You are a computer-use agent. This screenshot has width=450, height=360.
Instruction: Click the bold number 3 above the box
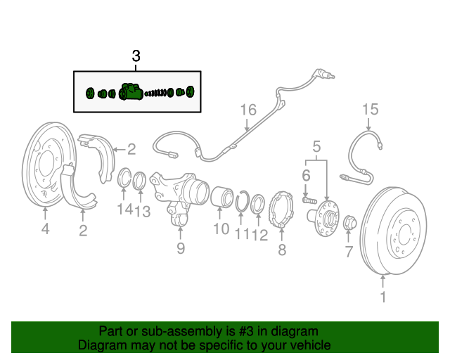(136, 56)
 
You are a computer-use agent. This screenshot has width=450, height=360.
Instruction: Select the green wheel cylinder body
(131, 92)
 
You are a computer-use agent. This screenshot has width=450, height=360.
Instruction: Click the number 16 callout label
(248, 110)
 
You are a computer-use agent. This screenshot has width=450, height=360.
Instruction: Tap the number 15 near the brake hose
(371, 110)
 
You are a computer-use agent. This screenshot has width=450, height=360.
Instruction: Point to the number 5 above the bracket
(316, 147)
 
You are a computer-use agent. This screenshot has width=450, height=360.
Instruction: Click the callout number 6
(307, 175)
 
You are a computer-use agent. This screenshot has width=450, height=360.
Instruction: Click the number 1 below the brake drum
(383, 297)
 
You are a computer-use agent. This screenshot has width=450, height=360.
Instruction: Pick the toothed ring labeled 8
(281, 210)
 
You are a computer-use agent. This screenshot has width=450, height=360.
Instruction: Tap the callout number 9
(181, 248)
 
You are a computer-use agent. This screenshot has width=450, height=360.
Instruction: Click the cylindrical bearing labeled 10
(222, 197)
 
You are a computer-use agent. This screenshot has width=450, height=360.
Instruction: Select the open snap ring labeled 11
(243, 201)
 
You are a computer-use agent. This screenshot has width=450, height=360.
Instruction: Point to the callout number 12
(259, 236)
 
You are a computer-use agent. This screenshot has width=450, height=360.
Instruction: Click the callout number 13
(143, 212)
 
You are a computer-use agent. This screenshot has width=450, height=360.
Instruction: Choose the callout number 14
(125, 209)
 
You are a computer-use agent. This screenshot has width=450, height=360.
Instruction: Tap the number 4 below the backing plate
(45, 229)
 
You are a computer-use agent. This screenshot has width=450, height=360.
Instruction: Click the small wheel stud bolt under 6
(309, 200)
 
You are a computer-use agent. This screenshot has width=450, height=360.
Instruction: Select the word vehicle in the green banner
(310, 345)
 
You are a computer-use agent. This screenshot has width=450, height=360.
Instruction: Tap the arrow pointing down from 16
(247, 124)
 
